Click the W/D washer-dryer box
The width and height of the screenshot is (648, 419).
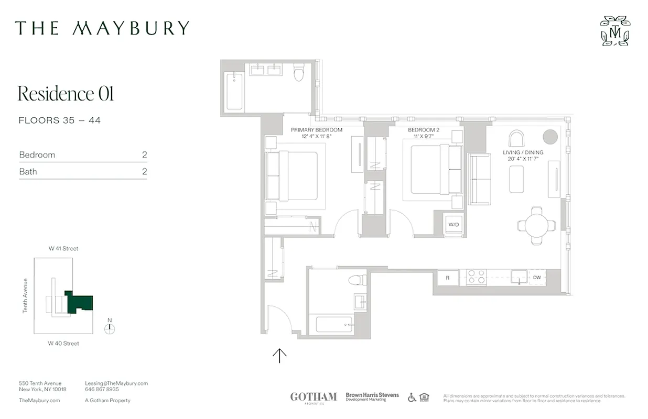pyautogui.click(x=453, y=225)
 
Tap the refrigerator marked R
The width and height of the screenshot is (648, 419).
pyautogui.click(x=447, y=278)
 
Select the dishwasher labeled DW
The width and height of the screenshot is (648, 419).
pyautogui.click(x=537, y=278)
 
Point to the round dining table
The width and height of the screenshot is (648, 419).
pyautogui.click(x=536, y=226)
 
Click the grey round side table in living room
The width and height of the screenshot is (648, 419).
pyautogui.click(x=550, y=137)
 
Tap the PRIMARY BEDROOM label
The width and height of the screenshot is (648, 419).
pyautogui.click(x=317, y=130)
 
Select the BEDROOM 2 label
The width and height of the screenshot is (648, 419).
pyautogui.click(x=423, y=130)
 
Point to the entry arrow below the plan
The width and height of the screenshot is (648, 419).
pyautogui.click(x=279, y=356)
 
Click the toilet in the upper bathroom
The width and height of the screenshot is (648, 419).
pyautogui.click(x=299, y=73)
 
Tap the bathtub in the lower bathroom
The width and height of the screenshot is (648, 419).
pyautogui.click(x=334, y=324)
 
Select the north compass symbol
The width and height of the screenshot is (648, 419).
pyautogui.click(x=109, y=329)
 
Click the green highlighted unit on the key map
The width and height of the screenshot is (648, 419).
pyautogui.click(x=81, y=303)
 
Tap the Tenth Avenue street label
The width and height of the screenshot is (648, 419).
pyautogui.click(x=25, y=296)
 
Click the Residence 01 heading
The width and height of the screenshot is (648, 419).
pyautogui.click(x=66, y=94)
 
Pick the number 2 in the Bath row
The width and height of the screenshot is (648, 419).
pyautogui.click(x=144, y=171)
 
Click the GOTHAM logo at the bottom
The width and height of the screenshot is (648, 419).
pyautogui.click(x=314, y=397)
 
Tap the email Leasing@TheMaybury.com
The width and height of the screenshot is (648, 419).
pyautogui.click(x=116, y=383)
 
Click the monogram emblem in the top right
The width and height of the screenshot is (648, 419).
pyautogui.click(x=615, y=31)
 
